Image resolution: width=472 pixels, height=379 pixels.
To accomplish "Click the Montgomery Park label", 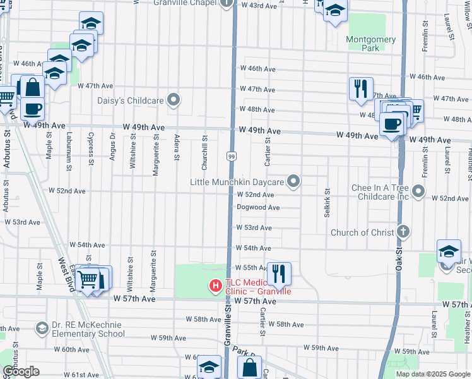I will coord(371,44).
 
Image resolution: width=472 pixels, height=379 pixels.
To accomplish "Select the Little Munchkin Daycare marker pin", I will coord(293,182).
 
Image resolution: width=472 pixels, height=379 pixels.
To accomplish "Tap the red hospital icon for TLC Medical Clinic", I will coord(216,286).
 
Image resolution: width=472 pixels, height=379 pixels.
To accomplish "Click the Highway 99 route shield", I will coord(232,155).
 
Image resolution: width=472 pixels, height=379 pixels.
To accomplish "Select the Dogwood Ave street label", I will coord(258,207).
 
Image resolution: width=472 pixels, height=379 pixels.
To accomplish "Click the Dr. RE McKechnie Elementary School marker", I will coord(42,328).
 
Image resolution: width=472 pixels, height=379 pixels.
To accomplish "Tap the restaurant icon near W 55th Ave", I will coord(278,273).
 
